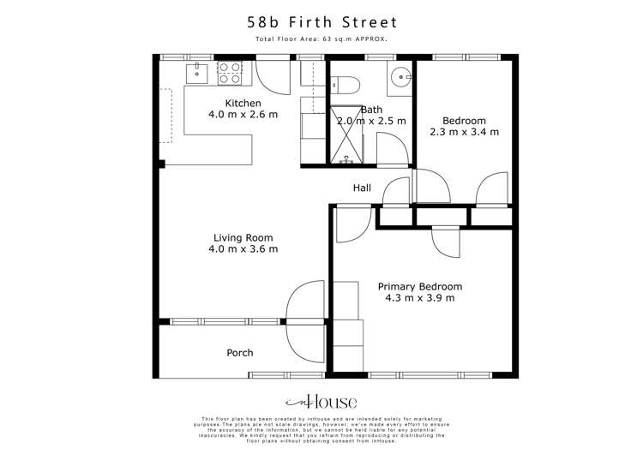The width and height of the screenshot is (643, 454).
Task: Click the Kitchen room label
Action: [219, 103]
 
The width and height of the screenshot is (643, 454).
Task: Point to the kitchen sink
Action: [196, 71]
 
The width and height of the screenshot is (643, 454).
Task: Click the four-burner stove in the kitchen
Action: [230, 72]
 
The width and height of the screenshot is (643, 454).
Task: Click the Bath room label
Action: [371, 110]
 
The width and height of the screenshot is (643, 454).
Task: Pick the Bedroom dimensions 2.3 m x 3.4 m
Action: [464, 133]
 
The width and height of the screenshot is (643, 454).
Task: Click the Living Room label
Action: [243, 238]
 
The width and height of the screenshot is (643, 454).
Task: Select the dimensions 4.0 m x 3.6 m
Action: [243, 249]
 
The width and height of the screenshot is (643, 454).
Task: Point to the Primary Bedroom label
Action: [420, 287]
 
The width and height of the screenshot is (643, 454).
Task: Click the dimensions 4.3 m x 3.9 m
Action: [420, 298]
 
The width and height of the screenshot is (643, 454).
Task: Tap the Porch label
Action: [239, 353]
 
